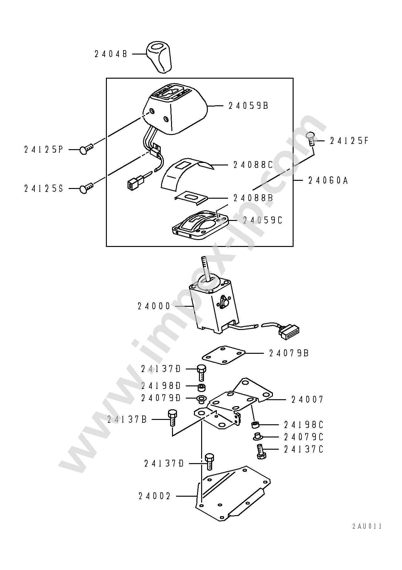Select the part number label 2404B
tap(111, 54)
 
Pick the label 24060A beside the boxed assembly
tap(328, 180)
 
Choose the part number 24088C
tap(253, 165)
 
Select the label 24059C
tap(263, 220)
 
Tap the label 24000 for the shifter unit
tap(154, 306)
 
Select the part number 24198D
tap(161, 386)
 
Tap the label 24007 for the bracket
tap(307, 400)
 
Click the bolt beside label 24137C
tap(260, 452)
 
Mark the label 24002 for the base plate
tap(154, 496)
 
